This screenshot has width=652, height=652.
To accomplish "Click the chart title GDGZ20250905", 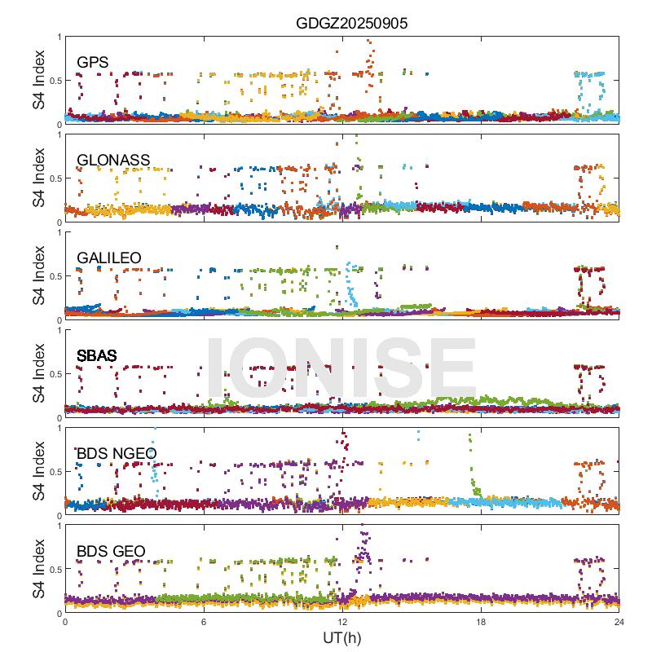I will click(x=351, y=24).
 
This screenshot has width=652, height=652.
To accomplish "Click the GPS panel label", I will click(x=92, y=62).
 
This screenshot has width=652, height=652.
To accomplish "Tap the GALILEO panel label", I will click(x=108, y=258).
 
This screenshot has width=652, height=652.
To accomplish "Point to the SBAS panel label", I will click(x=96, y=355).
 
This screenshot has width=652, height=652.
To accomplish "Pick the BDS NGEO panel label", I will click(x=116, y=453).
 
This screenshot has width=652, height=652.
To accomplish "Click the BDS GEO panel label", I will click(x=111, y=552).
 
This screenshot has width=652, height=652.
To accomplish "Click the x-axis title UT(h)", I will click(x=341, y=637).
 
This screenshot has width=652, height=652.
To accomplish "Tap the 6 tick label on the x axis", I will click(x=204, y=622).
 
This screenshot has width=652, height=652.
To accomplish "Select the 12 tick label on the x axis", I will click(x=342, y=622).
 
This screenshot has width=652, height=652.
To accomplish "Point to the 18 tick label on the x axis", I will click(x=481, y=622).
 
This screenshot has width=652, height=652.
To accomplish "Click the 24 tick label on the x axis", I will click(x=619, y=622).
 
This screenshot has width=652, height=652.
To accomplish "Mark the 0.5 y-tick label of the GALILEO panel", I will click(x=52, y=276).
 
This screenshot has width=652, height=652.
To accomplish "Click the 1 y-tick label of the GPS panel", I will click(x=57, y=37).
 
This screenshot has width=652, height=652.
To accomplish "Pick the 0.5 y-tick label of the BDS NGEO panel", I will click(x=52, y=472).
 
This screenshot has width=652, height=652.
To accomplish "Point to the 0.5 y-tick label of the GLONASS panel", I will click(x=52, y=178).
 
